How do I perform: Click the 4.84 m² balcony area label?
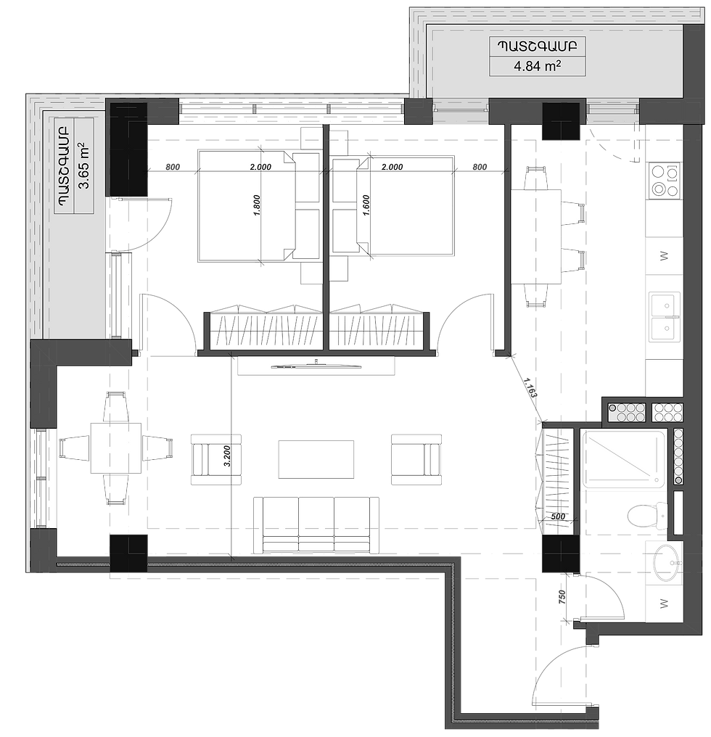537,66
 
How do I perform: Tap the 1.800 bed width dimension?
257,205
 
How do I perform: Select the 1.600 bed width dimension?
366,205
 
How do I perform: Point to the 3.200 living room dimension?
228,456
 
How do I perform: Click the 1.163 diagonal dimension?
530,388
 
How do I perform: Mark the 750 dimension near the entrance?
562,598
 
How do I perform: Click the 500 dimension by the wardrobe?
558,516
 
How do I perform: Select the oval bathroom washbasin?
667,562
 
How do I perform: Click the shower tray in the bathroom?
625,460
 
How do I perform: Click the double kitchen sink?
665,316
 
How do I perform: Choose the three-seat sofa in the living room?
316,525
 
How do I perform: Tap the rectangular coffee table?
316,458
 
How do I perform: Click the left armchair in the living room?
216,459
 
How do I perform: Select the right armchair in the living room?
416,459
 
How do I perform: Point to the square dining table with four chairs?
115,448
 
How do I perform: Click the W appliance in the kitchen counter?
664,256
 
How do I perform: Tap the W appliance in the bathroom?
664,604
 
